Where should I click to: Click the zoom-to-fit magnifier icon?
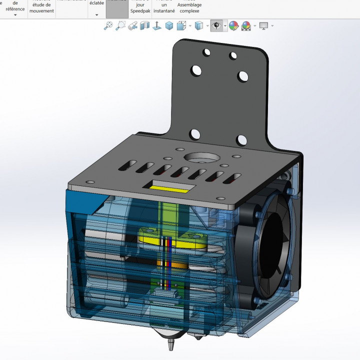(x=108, y=26)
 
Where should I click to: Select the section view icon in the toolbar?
(x=145, y=26)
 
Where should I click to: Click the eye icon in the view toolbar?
(x=216, y=26)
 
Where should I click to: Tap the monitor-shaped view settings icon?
(x=263, y=26)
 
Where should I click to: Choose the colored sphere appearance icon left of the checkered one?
(x=233, y=26)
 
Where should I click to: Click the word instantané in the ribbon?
(x=164, y=10)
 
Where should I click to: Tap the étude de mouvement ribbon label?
(x=41, y=7)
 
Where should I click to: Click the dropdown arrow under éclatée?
(x=96, y=15)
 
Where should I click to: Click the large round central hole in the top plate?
(x=202, y=157)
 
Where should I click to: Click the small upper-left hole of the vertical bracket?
(x=205, y=51)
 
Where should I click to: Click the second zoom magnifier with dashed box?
(x=120, y=26)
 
